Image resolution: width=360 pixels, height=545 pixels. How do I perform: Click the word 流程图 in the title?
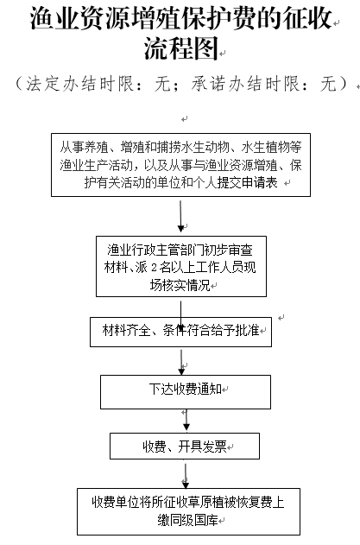click(181, 48)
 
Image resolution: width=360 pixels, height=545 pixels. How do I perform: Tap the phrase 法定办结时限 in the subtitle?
click(79, 84)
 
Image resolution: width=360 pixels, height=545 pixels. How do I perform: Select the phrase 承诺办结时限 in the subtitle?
click(244, 84)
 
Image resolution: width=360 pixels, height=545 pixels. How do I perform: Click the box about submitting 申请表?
click(180, 165)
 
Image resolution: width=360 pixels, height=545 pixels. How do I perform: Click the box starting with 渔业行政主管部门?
click(181, 266)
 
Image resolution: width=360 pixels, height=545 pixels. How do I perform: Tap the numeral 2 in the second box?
click(155, 268)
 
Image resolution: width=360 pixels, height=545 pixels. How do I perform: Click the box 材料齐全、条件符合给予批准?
click(180, 332)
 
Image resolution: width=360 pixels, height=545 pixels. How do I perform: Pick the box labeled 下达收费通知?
click(186, 392)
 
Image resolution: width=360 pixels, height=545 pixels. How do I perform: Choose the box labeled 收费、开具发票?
click(185, 446)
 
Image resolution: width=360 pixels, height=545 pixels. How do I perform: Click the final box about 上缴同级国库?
click(188, 511)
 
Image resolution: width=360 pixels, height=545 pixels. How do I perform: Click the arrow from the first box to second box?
click(180, 216)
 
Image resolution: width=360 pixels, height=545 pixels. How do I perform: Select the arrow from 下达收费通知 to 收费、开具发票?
click(186, 420)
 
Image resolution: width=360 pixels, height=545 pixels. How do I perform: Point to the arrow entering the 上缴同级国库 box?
click(186, 476)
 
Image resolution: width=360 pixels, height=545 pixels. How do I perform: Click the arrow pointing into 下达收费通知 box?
click(181, 362)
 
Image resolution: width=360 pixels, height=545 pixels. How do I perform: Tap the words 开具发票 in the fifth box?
click(203, 447)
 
